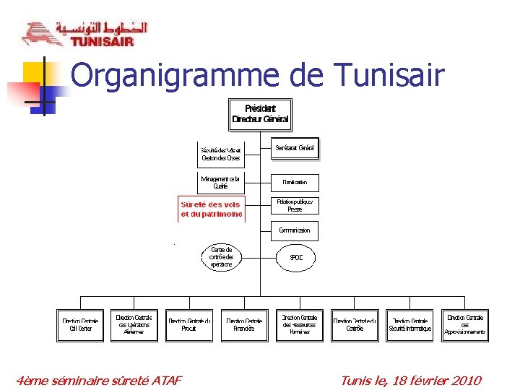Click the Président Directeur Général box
260,113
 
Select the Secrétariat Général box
295,149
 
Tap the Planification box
295,183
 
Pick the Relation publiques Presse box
295,205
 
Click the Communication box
295,230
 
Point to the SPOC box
296,257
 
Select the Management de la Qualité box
221,182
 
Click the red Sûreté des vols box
212,209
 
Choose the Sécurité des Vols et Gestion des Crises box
221,154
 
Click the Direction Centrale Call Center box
80,325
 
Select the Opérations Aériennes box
134,325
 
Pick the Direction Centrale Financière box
244,325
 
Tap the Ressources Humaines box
300,325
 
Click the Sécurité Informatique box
409,325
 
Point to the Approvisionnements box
465,325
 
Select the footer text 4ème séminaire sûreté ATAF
100,381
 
